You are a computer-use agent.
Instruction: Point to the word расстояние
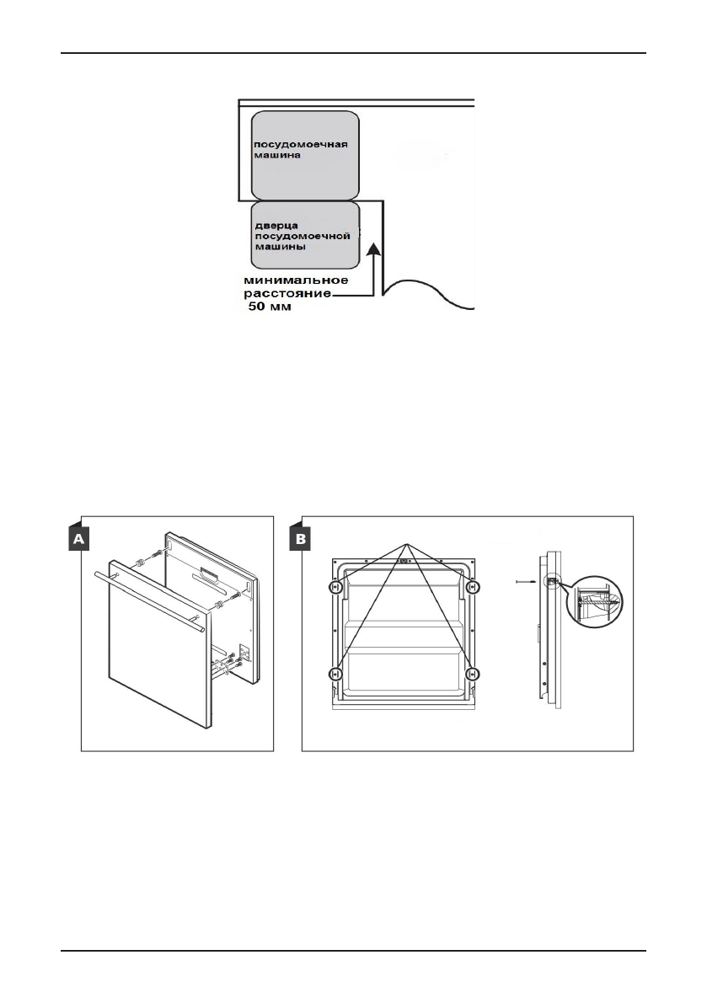point(287,295)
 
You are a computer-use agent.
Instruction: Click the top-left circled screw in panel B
point(335,587)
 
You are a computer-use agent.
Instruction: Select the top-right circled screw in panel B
point(473,587)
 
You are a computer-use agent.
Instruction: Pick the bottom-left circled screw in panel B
point(335,674)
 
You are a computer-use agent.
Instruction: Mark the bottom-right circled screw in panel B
point(473,674)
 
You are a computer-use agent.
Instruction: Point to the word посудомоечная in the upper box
point(290,142)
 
